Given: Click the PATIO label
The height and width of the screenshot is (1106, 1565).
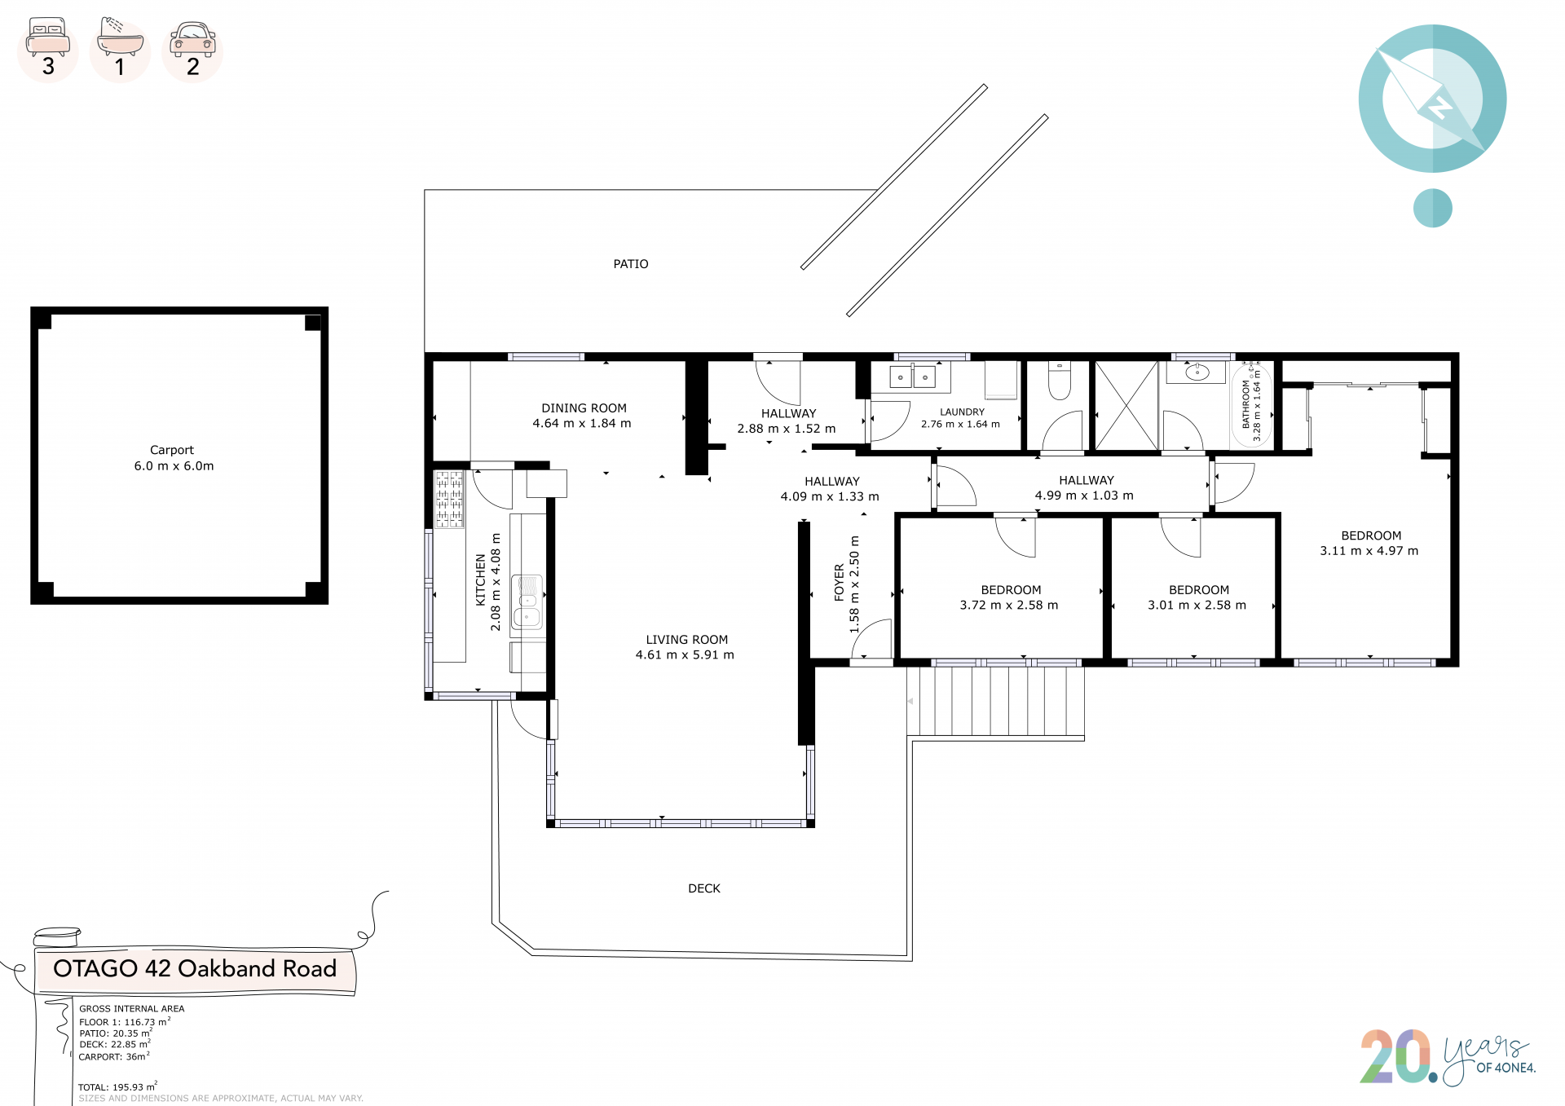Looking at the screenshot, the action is tap(631, 264).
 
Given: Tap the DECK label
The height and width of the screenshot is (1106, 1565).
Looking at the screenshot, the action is tap(704, 888).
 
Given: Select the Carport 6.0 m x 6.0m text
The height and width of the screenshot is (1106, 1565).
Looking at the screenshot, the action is tap(174, 458).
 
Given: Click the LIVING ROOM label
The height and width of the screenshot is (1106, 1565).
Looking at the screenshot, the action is tap(687, 640).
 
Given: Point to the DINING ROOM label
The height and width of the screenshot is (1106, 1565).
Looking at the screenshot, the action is tap(584, 408).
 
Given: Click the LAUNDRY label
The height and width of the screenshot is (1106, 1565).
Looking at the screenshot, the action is tap(962, 412).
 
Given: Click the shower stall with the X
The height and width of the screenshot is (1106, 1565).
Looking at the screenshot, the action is tap(1126, 406).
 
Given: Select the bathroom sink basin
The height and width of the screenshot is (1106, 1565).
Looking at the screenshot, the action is tap(1197, 372).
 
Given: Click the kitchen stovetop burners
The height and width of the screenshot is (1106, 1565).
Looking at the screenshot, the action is tap(449, 499).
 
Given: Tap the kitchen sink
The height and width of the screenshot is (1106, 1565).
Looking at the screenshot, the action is tap(527, 603).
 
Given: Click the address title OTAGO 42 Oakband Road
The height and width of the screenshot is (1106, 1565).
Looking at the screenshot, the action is tap(195, 968).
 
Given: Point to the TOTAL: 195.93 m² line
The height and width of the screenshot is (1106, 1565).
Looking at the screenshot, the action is tap(117, 1086).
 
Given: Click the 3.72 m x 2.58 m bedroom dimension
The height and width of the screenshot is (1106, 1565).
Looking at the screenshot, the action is tap(1009, 606).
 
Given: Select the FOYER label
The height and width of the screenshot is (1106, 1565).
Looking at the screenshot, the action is tap(840, 583).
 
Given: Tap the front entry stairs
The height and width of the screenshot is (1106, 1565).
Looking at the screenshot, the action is tap(995, 702).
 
